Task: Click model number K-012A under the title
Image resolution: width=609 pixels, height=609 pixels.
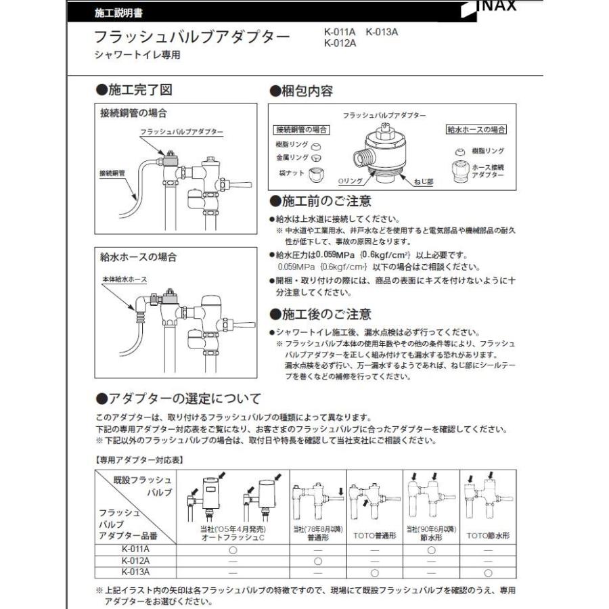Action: pos(340,45)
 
